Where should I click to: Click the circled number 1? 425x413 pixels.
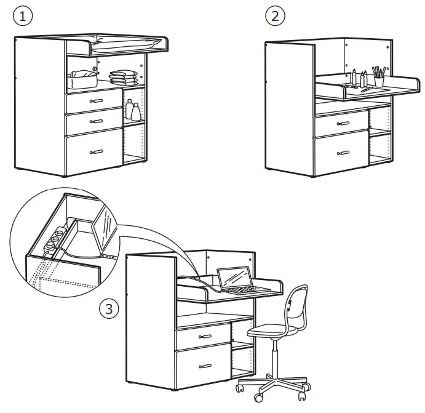click(23, 17)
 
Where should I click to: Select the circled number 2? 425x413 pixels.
click(274, 16)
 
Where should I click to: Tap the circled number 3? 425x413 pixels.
click(108, 308)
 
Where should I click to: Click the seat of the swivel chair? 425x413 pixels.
click(271, 332)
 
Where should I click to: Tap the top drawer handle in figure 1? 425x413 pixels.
click(95, 100)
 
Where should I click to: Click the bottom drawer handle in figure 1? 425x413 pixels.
click(95, 151)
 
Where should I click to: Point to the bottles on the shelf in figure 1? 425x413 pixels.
click(133, 111)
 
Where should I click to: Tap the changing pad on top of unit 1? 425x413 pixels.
click(126, 42)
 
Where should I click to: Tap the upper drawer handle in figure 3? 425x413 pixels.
click(204, 337)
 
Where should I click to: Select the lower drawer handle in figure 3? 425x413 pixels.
click(204, 367)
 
